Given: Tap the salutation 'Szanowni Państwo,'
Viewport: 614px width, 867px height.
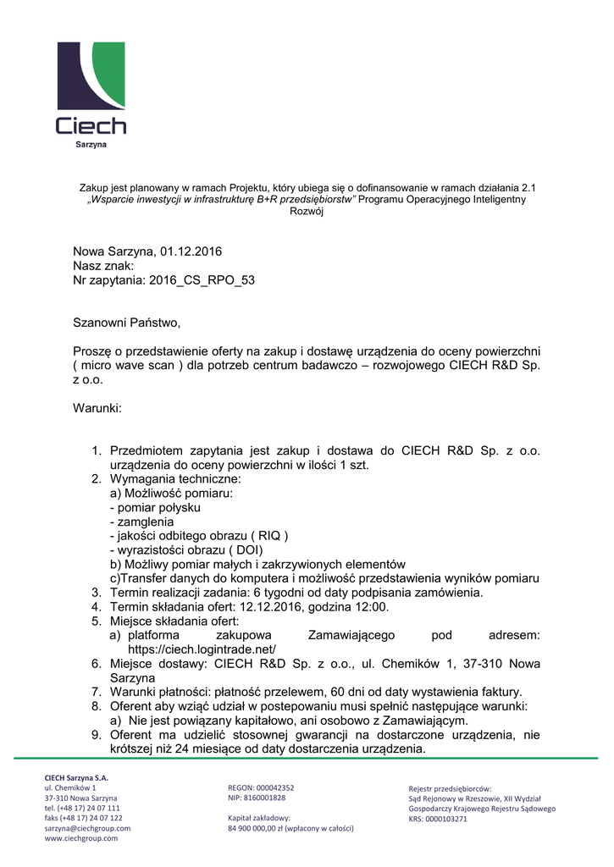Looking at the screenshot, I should click(x=127, y=323).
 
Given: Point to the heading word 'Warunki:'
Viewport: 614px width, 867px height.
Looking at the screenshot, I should click(x=97, y=408).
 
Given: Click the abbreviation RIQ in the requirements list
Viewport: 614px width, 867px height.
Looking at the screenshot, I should click(x=270, y=536).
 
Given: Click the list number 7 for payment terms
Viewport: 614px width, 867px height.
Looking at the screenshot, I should click(x=97, y=692).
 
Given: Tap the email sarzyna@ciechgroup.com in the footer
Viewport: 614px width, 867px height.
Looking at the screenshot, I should click(x=87, y=828).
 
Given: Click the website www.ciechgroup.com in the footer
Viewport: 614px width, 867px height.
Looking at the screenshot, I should click(x=80, y=838).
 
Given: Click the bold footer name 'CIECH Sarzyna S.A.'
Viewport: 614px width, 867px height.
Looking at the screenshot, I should click(x=76, y=777).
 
